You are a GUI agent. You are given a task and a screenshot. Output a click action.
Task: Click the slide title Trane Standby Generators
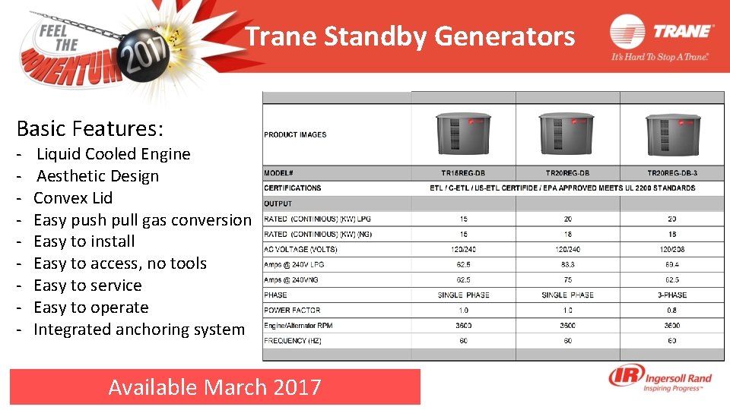point(411,36)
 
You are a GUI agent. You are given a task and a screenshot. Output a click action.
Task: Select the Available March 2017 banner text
point(214,387)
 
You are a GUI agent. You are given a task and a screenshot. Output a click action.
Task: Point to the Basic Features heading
point(90,128)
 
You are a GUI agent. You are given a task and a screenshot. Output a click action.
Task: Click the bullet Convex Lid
point(73,198)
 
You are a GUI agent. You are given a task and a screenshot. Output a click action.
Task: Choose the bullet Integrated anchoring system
point(139,330)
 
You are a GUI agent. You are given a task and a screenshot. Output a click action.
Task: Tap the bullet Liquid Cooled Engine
point(113,154)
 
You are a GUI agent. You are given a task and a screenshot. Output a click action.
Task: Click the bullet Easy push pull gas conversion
point(142,220)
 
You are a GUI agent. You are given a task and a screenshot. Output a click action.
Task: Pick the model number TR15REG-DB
point(463,173)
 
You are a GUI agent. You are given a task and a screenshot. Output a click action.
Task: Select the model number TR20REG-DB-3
point(671,173)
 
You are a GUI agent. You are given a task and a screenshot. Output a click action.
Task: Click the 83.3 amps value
point(567,264)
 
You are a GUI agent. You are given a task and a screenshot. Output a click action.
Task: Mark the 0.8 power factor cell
point(671,310)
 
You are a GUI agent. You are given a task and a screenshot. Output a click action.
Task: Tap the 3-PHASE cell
point(671,295)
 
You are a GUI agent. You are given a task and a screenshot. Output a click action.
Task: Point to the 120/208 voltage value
point(671,249)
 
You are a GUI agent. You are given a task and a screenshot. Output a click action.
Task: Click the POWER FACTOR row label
point(292,310)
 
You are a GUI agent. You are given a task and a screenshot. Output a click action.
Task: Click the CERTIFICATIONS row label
point(293,188)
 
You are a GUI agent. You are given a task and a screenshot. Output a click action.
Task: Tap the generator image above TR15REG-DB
point(463,134)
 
